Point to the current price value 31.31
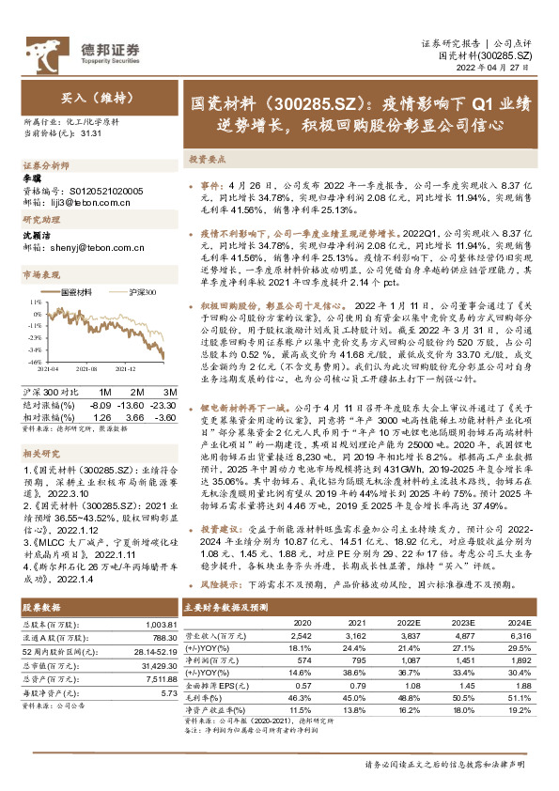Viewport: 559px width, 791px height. tap(92, 134)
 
